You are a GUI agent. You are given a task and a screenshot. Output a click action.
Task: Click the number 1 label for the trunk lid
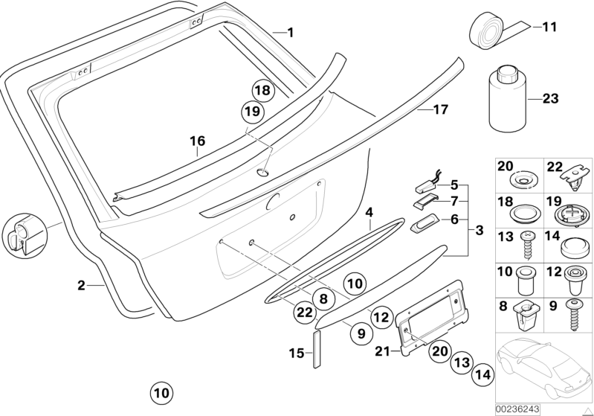click(x=291, y=32)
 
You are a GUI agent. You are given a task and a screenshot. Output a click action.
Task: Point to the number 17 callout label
click(x=440, y=110)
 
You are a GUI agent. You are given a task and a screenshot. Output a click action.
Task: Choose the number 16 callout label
click(x=196, y=140)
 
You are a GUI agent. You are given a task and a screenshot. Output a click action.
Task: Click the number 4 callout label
click(x=369, y=212)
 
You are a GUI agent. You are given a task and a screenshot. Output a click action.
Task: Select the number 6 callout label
click(x=455, y=219)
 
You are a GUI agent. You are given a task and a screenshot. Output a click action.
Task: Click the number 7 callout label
click(x=455, y=200)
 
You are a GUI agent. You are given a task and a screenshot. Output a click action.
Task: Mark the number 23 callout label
click(x=550, y=97)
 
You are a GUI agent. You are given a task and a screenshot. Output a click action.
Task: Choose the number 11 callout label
click(x=549, y=28)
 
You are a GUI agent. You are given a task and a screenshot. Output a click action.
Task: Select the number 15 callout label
click(x=295, y=354)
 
